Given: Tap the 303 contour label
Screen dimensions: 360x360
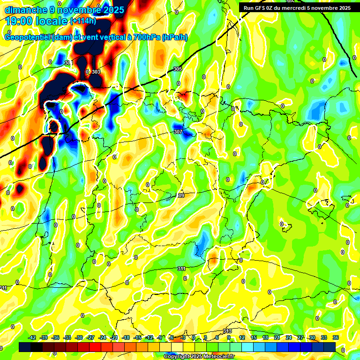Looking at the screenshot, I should [96, 72].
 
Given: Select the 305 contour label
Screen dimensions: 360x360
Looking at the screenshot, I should [177, 69].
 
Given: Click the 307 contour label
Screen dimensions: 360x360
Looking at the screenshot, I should [178, 132].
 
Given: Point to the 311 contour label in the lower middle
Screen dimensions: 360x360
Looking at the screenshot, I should [181, 269].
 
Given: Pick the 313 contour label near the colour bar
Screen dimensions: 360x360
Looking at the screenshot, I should [227, 331].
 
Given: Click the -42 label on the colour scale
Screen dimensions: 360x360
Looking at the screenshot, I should [32, 338].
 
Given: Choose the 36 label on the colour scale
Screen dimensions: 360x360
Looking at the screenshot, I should [336, 338].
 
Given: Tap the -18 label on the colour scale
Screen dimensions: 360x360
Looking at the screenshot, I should [126, 338].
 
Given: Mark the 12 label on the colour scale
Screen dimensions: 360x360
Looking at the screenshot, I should [242, 338].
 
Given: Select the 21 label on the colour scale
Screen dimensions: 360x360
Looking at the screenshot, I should [277, 338].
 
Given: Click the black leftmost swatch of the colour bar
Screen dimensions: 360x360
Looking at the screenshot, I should [25, 346].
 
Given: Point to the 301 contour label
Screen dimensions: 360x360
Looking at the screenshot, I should [68, 63].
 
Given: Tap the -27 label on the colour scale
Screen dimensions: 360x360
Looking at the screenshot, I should [91, 338].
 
